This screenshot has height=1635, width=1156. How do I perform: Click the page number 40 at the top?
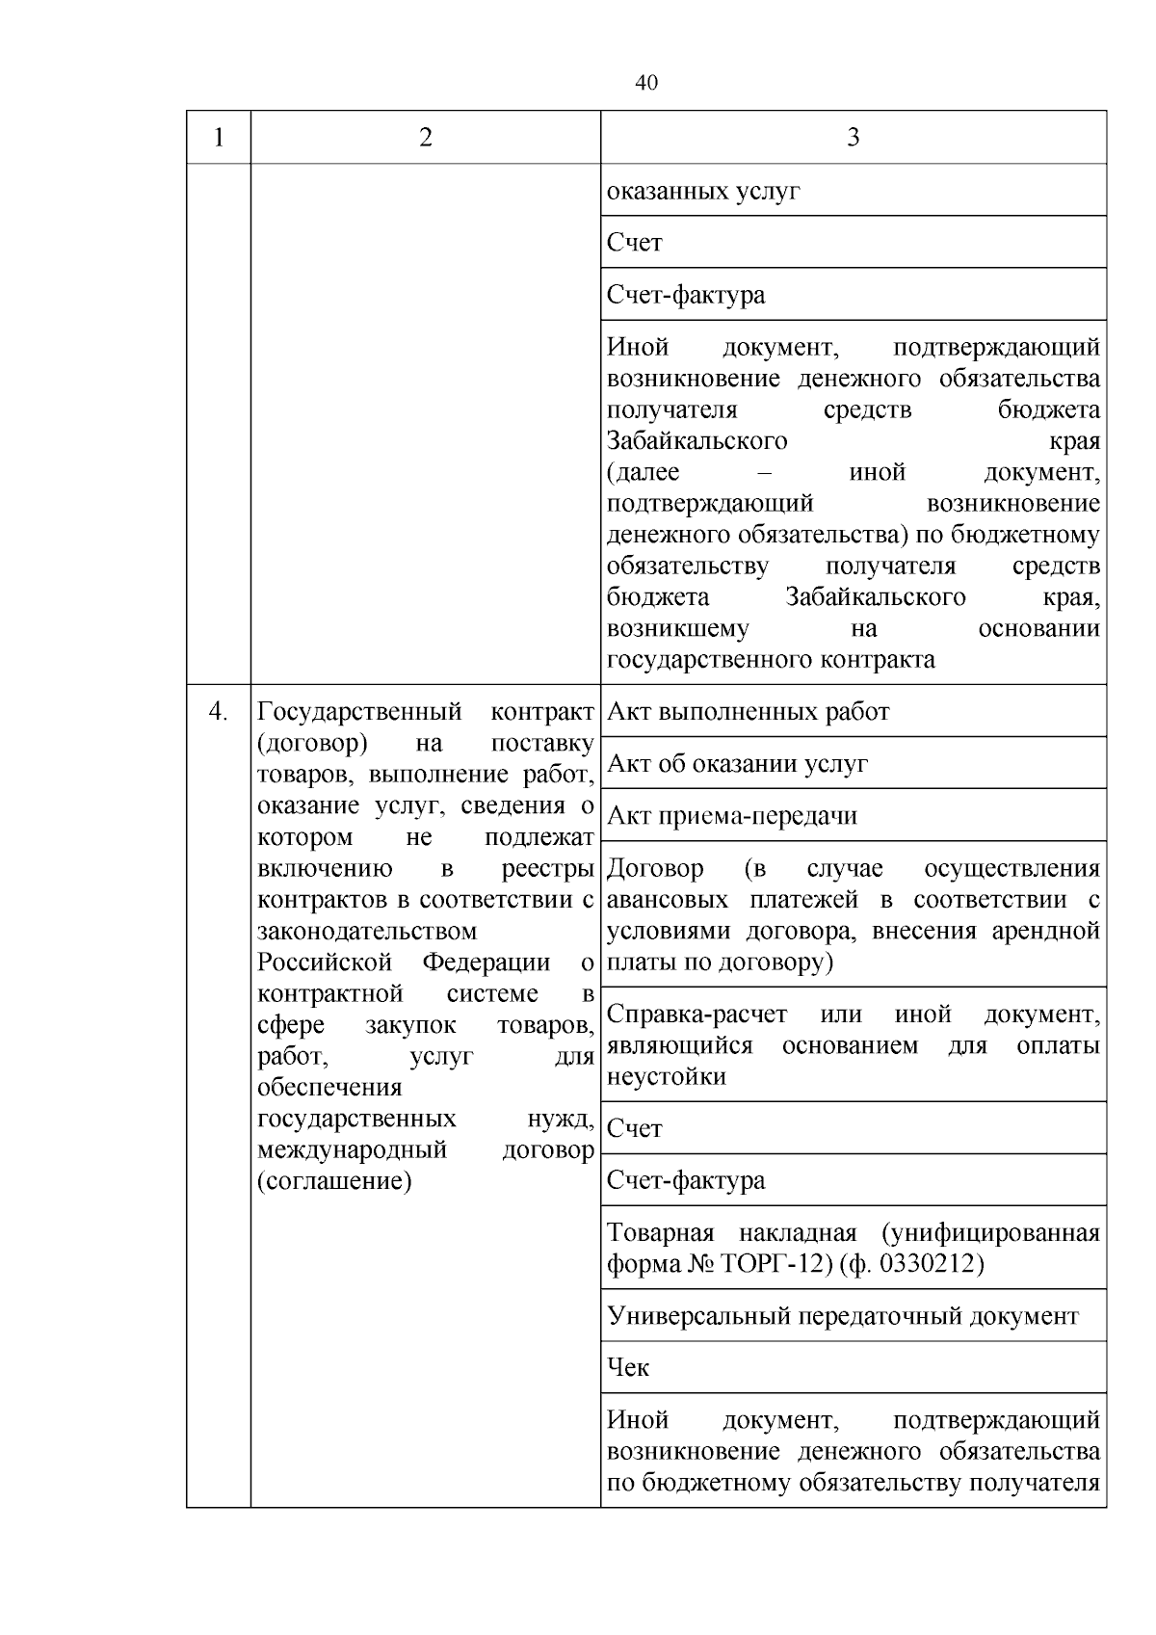click(646, 84)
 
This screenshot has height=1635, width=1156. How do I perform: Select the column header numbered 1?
click(219, 138)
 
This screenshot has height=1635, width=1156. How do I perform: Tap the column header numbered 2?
click(426, 138)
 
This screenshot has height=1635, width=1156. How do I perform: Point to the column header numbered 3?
click(853, 138)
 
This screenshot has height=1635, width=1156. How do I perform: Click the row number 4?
click(219, 712)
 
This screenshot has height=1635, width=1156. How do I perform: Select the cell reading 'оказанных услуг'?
click(703, 191)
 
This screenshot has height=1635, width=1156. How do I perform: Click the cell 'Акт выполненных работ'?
click(748, 712)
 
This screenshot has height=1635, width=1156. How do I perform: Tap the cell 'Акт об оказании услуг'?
click(737, 764)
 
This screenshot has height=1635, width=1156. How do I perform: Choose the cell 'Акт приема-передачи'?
click(732, 816)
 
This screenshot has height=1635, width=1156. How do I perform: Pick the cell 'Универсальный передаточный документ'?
click(843, 1316)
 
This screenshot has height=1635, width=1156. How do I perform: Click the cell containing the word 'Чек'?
click(628, 1368)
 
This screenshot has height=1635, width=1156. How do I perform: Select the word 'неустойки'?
click(666, 1076)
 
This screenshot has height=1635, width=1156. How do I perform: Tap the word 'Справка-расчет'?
click(696, 1015)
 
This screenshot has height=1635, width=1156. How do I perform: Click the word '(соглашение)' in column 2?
click(334, 1181)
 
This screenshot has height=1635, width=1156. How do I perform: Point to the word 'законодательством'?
click(367, 932)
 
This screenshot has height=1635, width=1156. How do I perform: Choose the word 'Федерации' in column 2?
click(486, 963)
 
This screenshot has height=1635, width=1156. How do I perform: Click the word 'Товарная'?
click(660, 1233)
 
